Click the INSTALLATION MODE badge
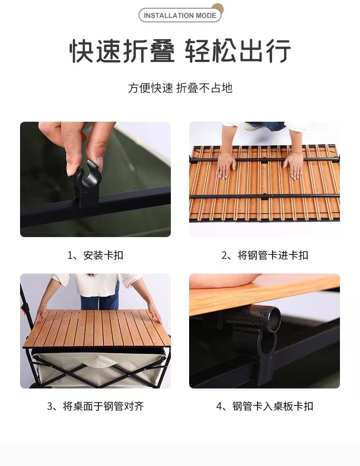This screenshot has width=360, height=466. coord(180,15)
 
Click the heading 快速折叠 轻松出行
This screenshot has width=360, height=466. coord(180,51)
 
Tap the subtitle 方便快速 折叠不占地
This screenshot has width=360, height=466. coord(180,88)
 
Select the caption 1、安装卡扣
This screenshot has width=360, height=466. coord(95,255)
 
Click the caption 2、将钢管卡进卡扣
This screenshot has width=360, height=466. coord(265,255)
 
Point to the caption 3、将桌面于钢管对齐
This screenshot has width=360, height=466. coord(95,406)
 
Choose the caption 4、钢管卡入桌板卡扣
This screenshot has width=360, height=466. coord(265,406)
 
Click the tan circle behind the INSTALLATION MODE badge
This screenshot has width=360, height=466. coord(218,8)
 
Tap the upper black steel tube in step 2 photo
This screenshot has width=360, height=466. coord(264,160)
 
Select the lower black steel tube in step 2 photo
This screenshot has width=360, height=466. coord(264,196)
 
